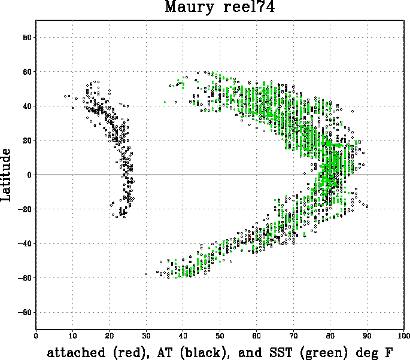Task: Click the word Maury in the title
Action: point(190,7)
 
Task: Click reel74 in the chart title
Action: point(249,6)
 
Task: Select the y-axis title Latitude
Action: point(6,175)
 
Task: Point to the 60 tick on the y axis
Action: point(27,72)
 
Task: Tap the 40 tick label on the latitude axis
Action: point(27,106)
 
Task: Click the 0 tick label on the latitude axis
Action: point(29,175)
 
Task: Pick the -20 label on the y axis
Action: point(25,209)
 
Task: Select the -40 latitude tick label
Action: point(25,243)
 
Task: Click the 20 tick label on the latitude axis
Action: point(27,141)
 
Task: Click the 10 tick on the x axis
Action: point(72,335)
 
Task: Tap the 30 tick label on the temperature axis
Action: point(146,335)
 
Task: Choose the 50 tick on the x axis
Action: point(220,335)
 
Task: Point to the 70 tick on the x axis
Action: point(293,335)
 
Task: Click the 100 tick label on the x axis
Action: point(404,335)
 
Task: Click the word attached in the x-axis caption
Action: point(76,352)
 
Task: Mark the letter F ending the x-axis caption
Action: point(388,352)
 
